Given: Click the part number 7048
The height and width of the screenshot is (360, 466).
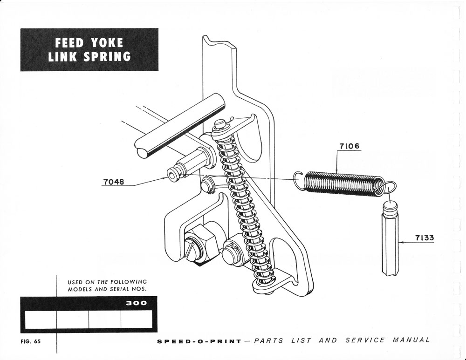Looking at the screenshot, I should click(x=113, y=182).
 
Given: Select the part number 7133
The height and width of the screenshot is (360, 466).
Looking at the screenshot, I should click(x=424, y=238).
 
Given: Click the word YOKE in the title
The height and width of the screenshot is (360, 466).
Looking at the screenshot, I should click(x=107, y=43).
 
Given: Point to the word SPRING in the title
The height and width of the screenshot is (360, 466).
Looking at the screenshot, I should click(x=103, y=57).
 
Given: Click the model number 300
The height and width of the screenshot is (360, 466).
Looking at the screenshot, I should click(x=137, y=303).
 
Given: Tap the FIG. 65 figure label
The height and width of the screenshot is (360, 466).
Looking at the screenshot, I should click(x=31, y=341).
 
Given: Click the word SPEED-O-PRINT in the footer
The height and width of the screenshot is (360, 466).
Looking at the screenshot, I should click(x=199, y=341).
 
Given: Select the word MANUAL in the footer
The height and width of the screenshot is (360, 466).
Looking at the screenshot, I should click(x=411, y=340).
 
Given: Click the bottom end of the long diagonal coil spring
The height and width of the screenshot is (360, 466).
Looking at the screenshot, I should click(x=262, y=282).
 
